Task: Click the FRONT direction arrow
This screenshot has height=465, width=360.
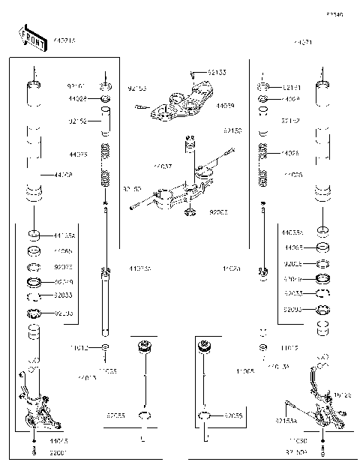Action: (x=28, y=37)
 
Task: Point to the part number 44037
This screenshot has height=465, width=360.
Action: (x=163, y=165)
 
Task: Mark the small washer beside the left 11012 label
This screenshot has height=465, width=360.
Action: (x=106, y=348)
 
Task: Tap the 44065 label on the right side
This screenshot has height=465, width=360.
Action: (x=294, y=246)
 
